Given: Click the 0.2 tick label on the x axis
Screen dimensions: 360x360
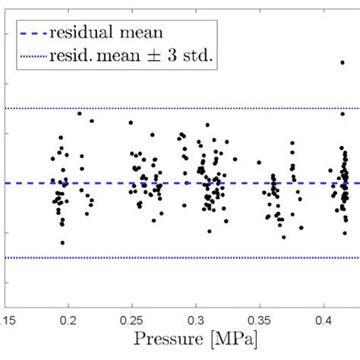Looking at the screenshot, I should pos(68,311).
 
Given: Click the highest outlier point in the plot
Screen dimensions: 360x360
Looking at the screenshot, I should pos(343,62).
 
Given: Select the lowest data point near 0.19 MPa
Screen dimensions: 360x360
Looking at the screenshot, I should pos(62,242).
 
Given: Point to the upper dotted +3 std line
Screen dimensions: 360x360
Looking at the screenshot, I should pos(152,109).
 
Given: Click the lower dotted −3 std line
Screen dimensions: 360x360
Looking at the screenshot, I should pos(152,257).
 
